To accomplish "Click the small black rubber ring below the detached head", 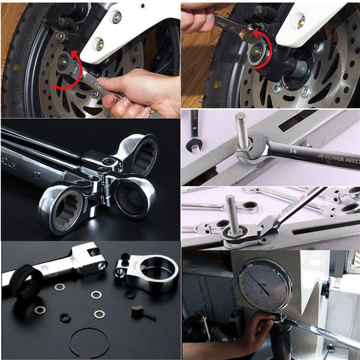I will coord(130,293).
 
